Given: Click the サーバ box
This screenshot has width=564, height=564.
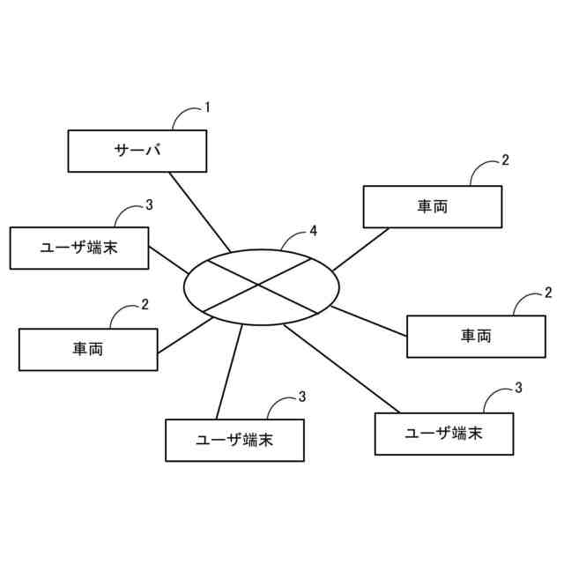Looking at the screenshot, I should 137,151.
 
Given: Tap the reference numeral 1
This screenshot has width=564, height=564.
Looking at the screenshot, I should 207,108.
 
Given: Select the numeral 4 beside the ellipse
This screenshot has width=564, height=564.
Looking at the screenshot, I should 313,231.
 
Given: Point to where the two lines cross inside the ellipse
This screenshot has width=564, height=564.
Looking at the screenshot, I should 259,285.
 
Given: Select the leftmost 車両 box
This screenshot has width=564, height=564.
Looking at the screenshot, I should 88,349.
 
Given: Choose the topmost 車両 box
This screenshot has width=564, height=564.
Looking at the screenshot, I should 433,206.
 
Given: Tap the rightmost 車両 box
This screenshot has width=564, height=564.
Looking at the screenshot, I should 476,336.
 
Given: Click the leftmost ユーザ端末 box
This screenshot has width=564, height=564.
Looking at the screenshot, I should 79,248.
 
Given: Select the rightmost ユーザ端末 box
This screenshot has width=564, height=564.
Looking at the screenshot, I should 444,434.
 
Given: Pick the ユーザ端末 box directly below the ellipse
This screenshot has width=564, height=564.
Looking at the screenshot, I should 234,440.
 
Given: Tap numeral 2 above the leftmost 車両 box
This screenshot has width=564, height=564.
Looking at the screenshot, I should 145,305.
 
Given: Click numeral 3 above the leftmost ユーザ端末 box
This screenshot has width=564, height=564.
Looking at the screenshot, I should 149,204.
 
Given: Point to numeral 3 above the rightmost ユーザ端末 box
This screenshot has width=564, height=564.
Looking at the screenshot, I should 518,388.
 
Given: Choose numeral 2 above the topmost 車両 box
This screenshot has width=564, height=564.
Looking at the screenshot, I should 505,160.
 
